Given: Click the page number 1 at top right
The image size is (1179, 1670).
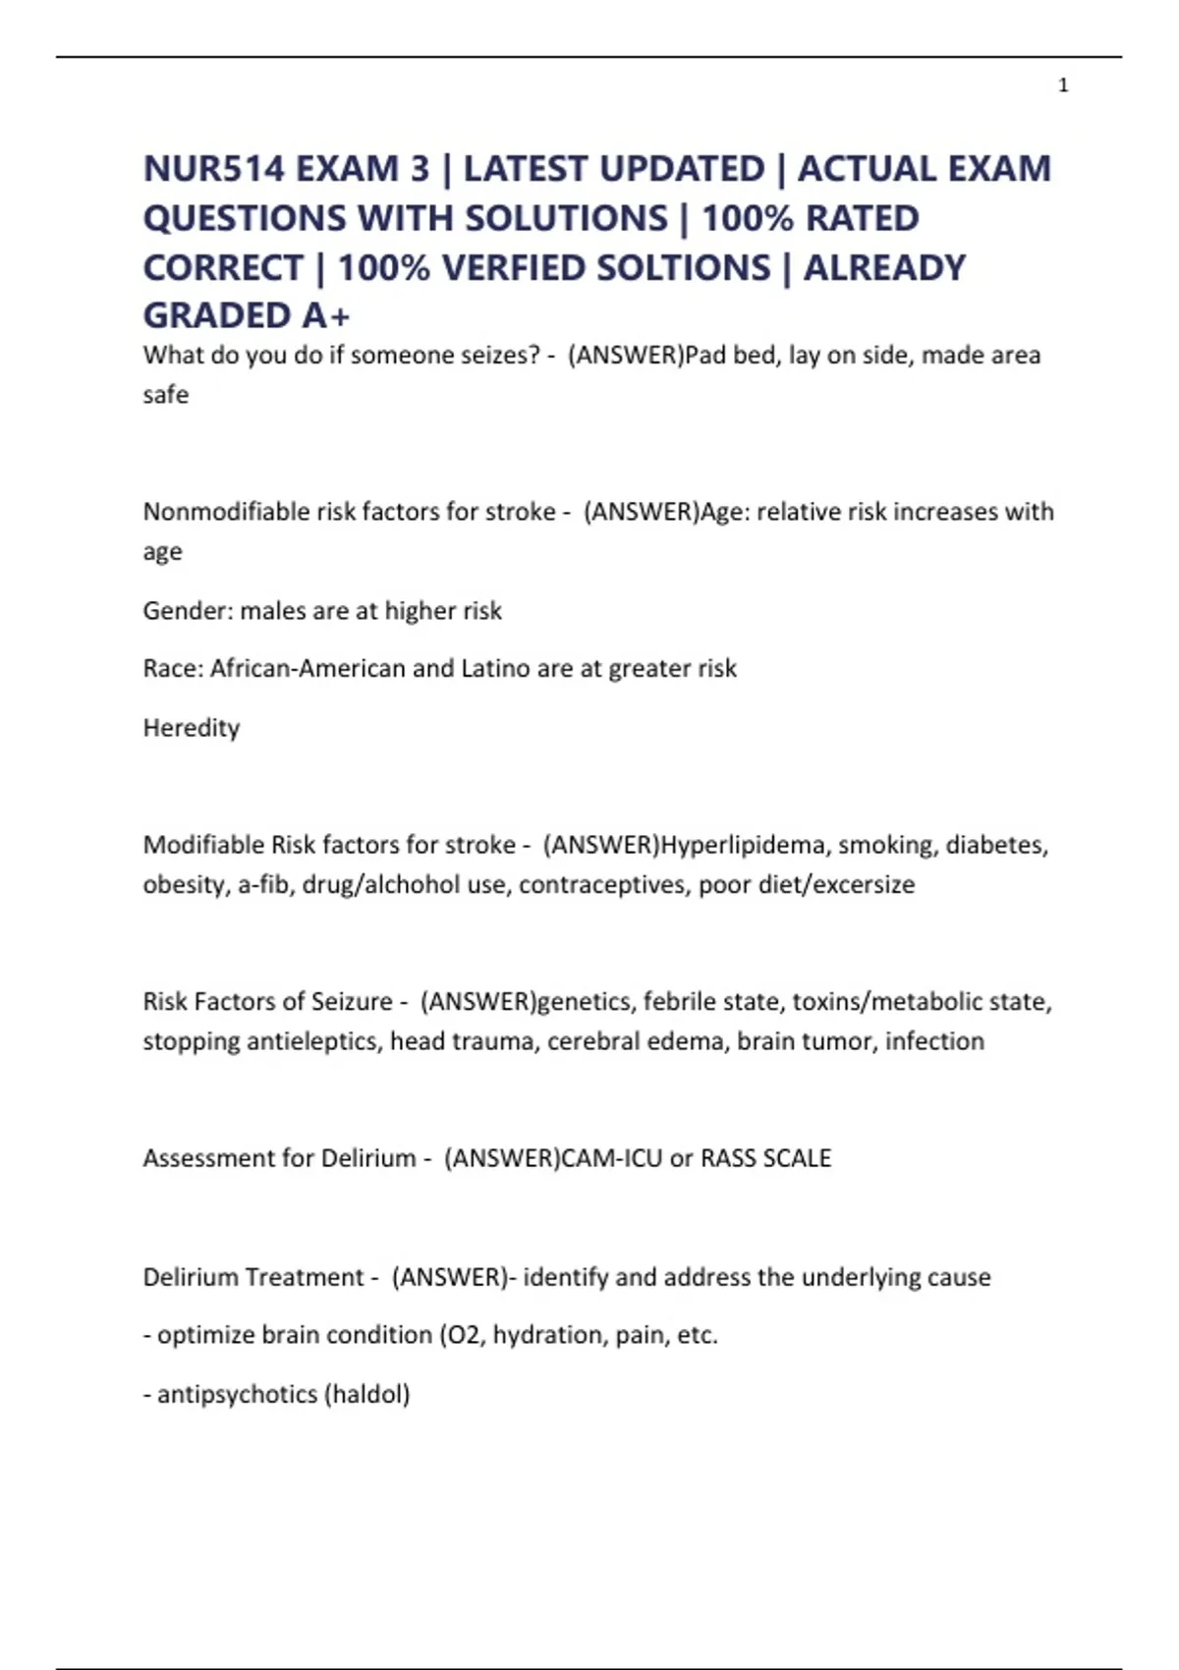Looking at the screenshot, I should [x=1063, y=85].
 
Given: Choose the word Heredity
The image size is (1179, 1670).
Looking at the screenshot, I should [x=192, y=728].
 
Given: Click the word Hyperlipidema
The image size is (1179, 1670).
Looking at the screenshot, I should [x=745, y=845].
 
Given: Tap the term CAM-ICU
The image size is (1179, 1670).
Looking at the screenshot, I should [x=611, y=1158].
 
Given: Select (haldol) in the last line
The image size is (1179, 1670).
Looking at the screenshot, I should [x=366, y=1394].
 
